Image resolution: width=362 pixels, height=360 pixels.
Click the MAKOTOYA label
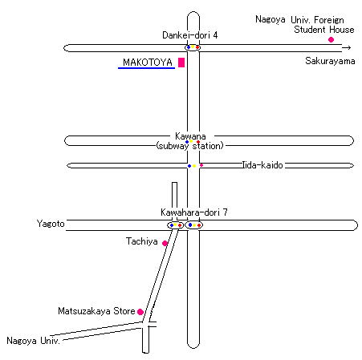[148, 63]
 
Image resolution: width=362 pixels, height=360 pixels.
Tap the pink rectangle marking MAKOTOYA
[181, 63]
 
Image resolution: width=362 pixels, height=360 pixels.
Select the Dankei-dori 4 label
[190, 35]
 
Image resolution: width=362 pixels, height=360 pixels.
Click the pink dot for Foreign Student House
[331, 39]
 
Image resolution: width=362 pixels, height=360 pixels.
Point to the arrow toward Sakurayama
[347, 48]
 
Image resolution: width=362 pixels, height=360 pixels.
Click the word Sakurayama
[330, 61]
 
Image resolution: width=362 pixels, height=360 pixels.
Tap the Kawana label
[190, 136]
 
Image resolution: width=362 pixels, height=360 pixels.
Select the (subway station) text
[189, 146]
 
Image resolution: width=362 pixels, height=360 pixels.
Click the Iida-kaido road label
[262, 165]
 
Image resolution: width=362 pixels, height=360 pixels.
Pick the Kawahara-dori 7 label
[194, 212]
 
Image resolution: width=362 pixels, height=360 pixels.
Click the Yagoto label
[51, 224]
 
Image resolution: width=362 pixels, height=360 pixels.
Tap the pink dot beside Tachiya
[165, 243]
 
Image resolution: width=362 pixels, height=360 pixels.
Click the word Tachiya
[142, 241]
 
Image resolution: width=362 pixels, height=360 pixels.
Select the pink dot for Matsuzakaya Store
[140, 312]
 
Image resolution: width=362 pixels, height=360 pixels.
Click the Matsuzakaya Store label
[96, 311]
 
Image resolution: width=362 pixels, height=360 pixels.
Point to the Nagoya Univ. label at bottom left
[33, 341]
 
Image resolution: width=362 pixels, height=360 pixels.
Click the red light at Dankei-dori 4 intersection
[197, 47]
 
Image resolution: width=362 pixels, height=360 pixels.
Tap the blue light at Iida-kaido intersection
[189, 166]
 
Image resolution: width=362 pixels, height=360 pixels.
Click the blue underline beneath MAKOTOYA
[146, 68]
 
